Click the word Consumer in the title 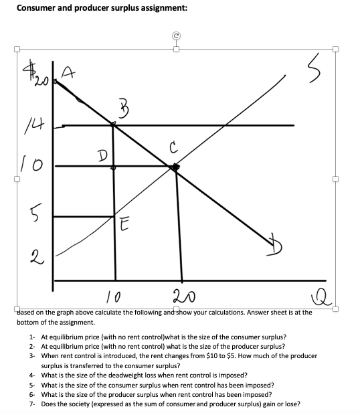coord(38,8)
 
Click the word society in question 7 coord(75,404)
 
